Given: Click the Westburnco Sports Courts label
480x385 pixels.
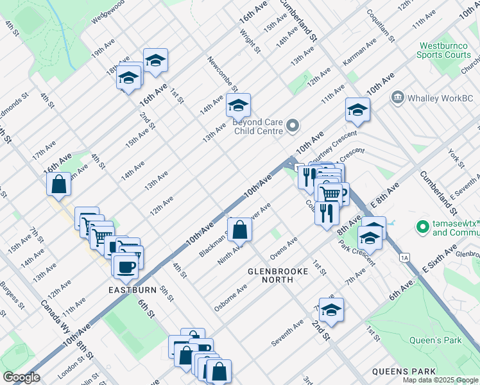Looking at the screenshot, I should coord(445,50).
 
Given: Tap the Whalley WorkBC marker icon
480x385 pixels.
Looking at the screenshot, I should coord(397,98).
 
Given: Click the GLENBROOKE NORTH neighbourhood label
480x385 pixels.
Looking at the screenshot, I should coord(279,271).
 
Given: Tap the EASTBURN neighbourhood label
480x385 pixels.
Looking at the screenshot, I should coord(132,290).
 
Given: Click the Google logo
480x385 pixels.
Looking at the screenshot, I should coord(21,377).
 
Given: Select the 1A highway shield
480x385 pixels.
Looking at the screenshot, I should coord(404,258).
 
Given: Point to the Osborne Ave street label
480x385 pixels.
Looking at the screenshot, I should coord(231,298).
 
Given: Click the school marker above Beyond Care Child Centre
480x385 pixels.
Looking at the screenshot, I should coord(238,105).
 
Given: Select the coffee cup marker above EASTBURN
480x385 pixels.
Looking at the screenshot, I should coord(125,266).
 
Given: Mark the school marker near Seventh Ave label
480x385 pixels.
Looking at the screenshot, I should coord(331,310).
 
